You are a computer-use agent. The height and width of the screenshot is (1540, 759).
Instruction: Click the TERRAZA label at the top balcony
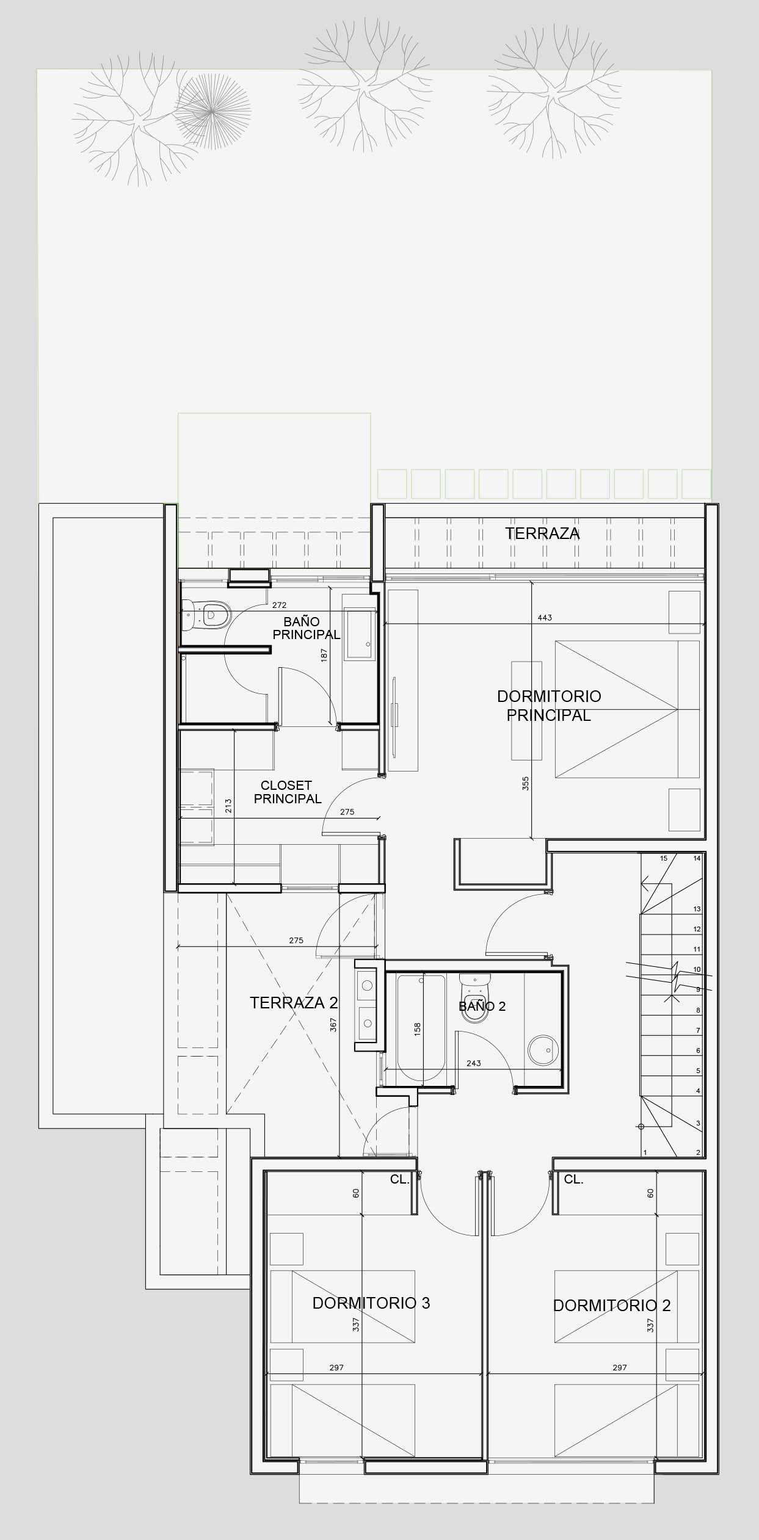click(542, 533)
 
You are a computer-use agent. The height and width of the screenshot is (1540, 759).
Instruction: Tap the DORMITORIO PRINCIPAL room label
click(548, 705)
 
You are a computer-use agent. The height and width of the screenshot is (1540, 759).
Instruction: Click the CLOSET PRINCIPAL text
click(287, 792)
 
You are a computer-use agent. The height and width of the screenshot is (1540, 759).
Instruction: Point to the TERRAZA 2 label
click(294, 1002)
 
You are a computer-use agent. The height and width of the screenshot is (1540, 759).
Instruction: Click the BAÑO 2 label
click(482, 1006)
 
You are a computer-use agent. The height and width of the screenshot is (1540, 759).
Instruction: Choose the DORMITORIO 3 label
click(371, 1303)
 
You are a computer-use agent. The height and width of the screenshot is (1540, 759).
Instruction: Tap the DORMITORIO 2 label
click(611, 1305)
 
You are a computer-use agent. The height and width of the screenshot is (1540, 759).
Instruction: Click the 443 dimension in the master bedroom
click(544, 618)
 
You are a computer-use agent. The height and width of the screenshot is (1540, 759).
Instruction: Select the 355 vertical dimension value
click(526, 784)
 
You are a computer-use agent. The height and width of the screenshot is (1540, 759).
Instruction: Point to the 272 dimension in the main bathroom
click(279, 606)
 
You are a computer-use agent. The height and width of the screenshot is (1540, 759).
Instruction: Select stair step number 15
click(664, 858)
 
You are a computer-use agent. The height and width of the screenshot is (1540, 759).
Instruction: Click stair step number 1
click(645, 1152)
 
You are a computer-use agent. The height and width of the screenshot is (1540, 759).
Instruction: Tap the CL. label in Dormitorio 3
click(400, 1180)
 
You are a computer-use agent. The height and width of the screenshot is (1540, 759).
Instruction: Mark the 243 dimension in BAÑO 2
click(473, 1063)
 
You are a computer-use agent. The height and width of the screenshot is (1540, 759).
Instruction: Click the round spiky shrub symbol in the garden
click(212, 110)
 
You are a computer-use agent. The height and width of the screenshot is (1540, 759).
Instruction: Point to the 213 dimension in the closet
click(228, 806)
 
